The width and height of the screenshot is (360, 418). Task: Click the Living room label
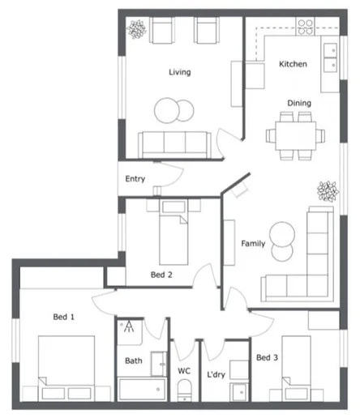[179, 72]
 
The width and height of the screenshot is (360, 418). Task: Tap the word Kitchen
[293, 64]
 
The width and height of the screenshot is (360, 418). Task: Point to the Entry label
[135, 179]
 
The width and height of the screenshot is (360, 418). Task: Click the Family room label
[253, 243]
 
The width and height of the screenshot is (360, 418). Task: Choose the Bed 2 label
[161, 275]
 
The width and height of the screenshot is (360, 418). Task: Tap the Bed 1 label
[64, 317]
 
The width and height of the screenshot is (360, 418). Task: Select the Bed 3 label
[267, 357]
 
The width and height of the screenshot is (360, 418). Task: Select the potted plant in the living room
[137, 30]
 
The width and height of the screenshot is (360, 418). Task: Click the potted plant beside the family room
[327, 192]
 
